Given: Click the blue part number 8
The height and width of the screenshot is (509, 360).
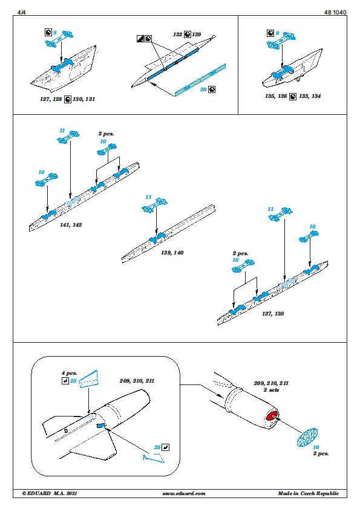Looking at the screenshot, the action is pos(55,33).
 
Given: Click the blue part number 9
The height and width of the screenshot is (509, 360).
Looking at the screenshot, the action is pos(278,33).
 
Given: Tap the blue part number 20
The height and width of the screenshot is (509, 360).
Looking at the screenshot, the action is pos(203,89).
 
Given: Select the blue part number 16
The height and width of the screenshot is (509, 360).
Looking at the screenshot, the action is pos(316,447).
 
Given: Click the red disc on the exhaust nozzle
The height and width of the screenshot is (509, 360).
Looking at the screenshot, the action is pos(272,415).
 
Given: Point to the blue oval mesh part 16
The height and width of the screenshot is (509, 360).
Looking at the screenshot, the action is pos(307,436).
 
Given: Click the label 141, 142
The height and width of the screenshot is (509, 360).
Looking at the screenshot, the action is pos(71,225).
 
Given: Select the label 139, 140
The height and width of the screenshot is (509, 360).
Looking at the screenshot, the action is pos(172,253).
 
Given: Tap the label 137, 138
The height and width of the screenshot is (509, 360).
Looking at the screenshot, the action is pos(273,314).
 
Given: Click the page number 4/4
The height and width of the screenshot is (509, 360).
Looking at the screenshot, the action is pos(21,12).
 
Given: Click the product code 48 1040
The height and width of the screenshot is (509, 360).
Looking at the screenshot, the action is pos(335,12).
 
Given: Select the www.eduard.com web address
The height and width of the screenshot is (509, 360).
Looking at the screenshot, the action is pos(184,493).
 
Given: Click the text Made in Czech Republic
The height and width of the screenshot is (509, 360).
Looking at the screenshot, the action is pos(309,493).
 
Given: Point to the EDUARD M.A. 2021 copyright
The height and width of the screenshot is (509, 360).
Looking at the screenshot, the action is pos(50,493).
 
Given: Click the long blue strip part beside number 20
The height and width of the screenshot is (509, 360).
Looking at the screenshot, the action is pos(200,80).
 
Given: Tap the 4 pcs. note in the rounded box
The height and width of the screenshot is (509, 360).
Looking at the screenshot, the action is pos(69,374).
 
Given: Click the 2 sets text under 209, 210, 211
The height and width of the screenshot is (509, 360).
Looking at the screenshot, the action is pos(271,390).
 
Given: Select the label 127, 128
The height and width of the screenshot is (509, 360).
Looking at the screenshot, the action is pos(51,99).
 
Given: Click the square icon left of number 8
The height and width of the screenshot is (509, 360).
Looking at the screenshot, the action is pos(48,33).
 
